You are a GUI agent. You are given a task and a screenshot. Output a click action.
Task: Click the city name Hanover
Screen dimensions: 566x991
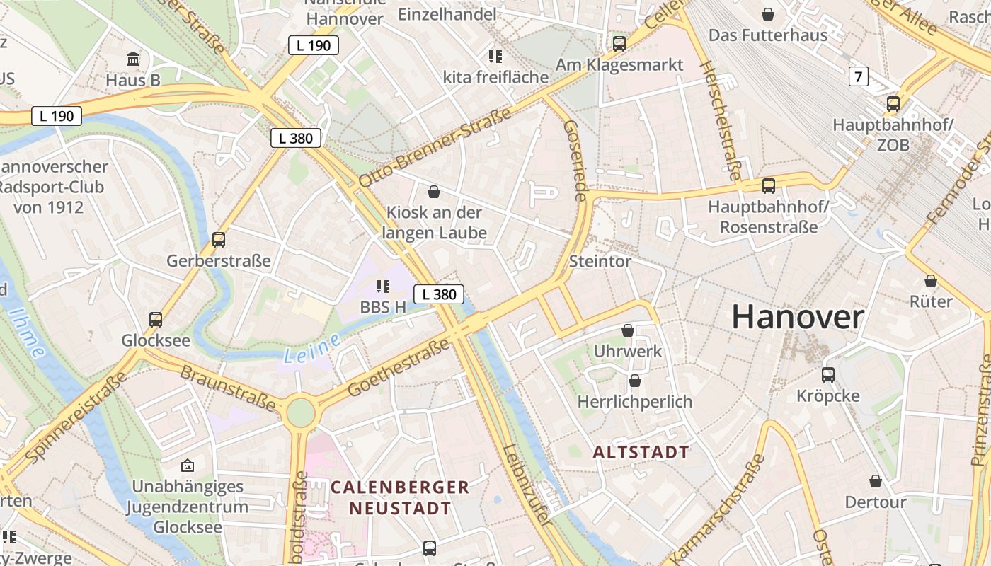797,317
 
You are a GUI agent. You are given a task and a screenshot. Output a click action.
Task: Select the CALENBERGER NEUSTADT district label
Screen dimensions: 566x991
400,497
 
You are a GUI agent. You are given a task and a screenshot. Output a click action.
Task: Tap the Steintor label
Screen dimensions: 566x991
600,261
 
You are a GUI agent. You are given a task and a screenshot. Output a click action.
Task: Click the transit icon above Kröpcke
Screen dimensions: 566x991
827,374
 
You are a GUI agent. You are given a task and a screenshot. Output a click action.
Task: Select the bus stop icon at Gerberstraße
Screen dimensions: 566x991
219,240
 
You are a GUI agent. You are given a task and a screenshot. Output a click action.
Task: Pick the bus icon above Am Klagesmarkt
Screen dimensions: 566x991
619,44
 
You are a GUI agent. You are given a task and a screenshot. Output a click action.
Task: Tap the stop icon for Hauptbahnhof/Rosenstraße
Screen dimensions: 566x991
768,186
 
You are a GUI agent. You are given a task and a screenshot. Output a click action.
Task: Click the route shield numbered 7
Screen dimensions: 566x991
858,76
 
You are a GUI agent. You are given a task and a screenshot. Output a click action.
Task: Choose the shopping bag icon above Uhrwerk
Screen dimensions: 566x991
627,330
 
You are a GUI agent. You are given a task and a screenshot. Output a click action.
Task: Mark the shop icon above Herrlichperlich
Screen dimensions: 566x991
635,381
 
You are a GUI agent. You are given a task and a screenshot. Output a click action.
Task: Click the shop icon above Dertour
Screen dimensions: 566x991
876,481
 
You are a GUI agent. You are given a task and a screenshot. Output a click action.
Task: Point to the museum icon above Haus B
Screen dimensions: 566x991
132,59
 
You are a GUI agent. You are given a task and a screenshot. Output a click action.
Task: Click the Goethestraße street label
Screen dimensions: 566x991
399,368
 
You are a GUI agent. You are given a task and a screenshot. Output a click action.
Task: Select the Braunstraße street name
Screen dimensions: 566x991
227,388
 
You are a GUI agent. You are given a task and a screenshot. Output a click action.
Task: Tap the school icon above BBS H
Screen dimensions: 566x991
383,287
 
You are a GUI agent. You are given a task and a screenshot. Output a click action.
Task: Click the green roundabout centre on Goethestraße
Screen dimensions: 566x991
300,412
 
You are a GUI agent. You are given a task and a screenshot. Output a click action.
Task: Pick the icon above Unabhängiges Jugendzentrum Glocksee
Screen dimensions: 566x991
188,466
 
